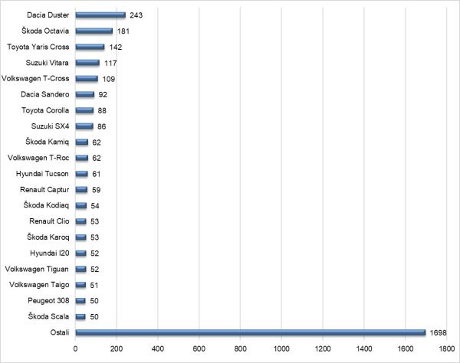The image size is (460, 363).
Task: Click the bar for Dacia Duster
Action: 100,15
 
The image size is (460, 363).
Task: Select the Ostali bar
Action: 250,332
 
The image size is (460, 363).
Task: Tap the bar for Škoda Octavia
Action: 94,31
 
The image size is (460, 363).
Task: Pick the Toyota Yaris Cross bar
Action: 90,47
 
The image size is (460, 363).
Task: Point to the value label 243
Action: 137,15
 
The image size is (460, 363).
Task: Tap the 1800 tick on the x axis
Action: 445,349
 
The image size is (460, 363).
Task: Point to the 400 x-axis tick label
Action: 158,349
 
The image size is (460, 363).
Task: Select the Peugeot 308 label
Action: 48,300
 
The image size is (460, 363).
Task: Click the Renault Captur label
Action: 47,189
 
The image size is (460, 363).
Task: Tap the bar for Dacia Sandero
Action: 84,94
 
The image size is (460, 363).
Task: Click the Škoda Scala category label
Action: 50,316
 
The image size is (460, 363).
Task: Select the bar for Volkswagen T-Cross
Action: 87,78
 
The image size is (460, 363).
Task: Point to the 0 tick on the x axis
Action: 75,349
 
